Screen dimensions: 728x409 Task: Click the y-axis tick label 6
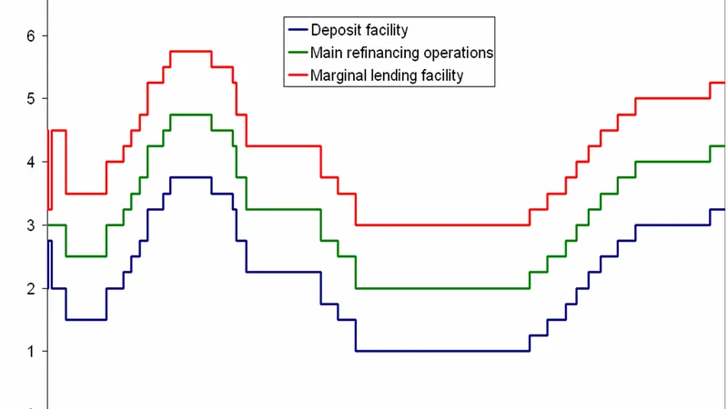coord(31,35)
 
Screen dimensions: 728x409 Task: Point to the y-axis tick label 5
coord(31,99)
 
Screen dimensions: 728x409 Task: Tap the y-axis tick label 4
coord(31,163)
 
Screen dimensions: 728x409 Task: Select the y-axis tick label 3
coord(31,225)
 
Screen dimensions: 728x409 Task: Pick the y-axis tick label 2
coord(31,288)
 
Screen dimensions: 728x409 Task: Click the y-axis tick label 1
coord(31,352)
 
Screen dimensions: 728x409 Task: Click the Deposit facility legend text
coord(359,30)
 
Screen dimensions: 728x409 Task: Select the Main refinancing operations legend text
coord(401,53)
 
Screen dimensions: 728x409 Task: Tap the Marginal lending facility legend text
coord(387,75)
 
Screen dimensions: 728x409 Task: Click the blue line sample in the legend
coord(298,30)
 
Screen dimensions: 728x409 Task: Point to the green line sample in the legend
coord(298,53)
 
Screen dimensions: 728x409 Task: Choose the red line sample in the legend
coord(298,75)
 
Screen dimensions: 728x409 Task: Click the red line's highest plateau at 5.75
coord(191,52)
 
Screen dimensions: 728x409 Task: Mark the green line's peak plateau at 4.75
coord(191,115)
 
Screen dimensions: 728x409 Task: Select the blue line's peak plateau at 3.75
coord(191,177)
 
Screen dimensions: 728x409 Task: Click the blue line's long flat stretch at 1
coord(442,351)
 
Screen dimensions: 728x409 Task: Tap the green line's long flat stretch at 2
coord(442,288)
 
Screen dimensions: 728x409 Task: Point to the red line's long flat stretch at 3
coord(442,224)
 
